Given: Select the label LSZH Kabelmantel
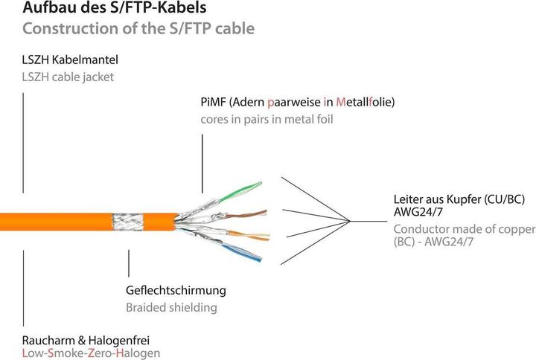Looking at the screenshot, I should (71, 59).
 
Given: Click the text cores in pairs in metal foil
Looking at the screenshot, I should (267, 119).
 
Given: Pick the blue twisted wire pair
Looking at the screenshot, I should (242, 250).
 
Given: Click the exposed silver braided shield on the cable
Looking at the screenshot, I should (121, 221).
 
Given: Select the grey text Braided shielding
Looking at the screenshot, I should (170, 307).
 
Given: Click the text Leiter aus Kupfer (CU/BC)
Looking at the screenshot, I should (462, 199).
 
